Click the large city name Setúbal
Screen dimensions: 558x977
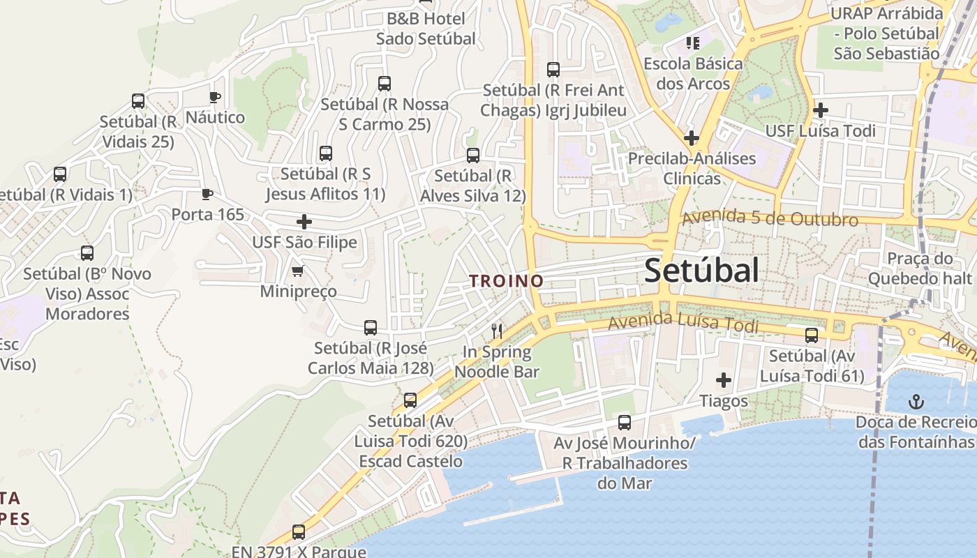[701, 271]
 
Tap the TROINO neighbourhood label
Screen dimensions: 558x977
[507, 281]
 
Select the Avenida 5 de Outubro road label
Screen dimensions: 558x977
[770, 218]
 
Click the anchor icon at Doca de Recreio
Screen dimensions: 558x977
[915, 402]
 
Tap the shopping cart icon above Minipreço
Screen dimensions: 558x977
[298, 271]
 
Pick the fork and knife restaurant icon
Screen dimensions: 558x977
[497, 331]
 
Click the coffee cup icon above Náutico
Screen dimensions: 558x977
[215, 97]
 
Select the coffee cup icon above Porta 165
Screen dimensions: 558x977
[207, 194]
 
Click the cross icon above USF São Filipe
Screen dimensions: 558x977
[304, 222]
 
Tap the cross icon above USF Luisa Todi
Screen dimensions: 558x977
[821, 110]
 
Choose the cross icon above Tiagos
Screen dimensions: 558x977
[724, 380]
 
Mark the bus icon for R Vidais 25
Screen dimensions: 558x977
[138, 101]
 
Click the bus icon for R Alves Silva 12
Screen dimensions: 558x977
[473, 156]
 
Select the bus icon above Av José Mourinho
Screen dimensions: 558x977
[625, 423]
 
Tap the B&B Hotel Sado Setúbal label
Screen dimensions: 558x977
[426, 29]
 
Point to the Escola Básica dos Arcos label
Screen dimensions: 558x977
[693, 73]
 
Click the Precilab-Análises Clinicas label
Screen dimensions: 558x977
[692, 168]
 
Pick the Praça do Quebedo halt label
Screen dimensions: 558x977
[920, 269]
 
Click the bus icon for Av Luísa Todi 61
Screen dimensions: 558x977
[812, 335]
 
